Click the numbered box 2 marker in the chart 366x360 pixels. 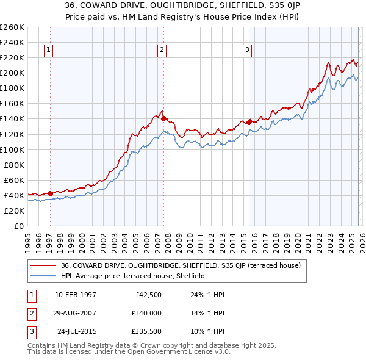pyautogui.click(x=162, y=51)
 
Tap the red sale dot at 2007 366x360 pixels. pyautogui.click(x=164, y=118)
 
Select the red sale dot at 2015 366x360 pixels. pyautogui.click(x=249, y=122)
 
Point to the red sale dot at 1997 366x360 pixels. pyautogui.click(x=51, y=193)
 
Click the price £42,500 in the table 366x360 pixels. pyautogui.click(x=146, y=295)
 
